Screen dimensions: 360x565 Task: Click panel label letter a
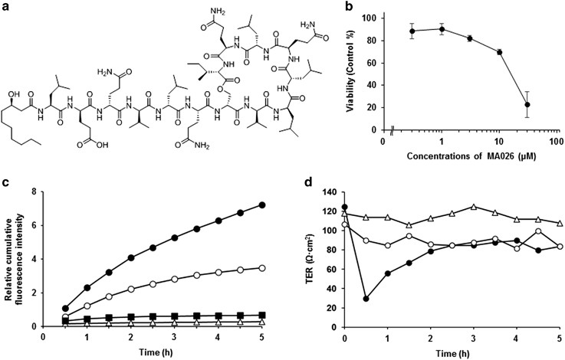(5, 8)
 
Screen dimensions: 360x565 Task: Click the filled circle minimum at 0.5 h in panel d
(364, 299)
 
